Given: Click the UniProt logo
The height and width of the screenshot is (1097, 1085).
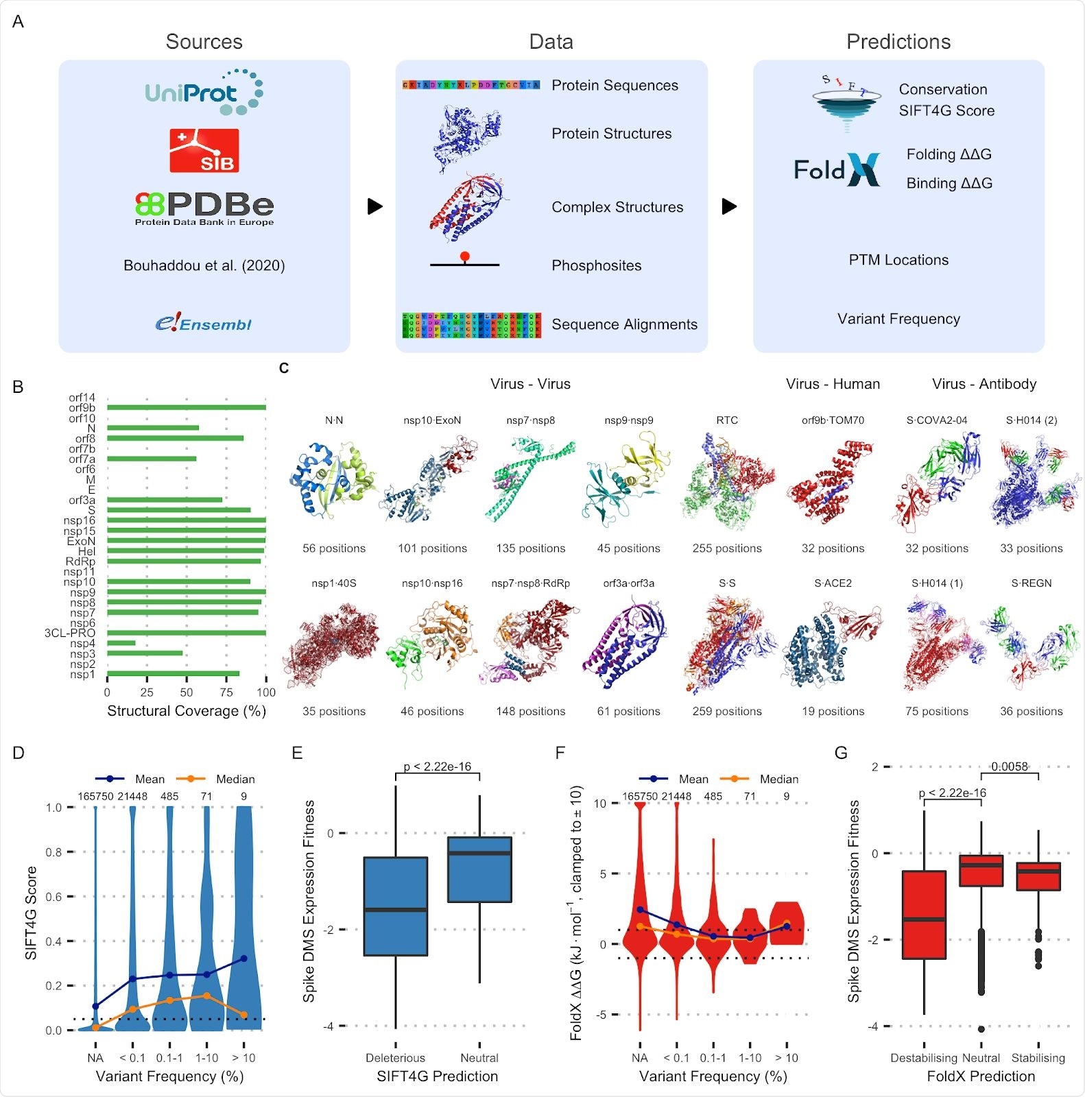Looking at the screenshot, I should click(204, 92).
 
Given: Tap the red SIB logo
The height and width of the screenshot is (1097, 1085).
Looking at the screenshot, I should click(204, 150).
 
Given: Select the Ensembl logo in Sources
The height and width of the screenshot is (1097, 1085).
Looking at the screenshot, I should click(204, 323).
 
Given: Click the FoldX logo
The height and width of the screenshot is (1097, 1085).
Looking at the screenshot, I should click(837, 169).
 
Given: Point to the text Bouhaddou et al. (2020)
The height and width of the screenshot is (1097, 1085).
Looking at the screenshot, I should click(204, 265).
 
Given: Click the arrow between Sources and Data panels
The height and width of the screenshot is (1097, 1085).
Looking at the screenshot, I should click(374, 206).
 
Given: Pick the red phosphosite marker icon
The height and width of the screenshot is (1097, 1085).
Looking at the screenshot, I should click(465, 256).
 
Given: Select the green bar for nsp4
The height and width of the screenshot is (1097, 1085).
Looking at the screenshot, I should click(121, 643).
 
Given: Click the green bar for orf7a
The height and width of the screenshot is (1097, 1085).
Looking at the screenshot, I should click(152, 459).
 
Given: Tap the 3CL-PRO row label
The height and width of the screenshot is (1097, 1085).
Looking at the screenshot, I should click(70, 633).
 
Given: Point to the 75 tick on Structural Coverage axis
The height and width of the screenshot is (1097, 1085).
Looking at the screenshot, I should click(226, 692).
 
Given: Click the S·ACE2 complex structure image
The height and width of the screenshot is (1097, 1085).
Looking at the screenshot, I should click(833, 644).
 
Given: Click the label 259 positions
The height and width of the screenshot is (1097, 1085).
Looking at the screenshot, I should click(727, 712).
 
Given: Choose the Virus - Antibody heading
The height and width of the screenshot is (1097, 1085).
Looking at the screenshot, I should click(984, 384).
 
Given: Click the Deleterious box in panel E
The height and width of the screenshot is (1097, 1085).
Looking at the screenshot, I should click(396, 906).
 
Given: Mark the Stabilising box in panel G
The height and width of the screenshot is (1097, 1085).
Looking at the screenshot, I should click(1038, 876).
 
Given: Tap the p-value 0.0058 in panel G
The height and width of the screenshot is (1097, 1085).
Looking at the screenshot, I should click(1010, 767).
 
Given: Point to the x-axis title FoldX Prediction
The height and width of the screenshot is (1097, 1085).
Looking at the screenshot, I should click(981, 1076).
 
